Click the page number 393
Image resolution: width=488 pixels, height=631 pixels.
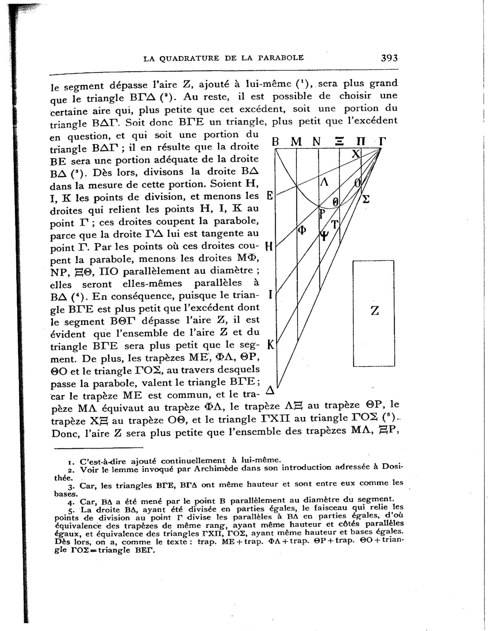pyautogui.click(x=389, y=58)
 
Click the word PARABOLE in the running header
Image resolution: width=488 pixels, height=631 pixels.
pyautogui.click(x=283, y=58)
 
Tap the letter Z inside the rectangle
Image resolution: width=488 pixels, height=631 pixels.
pyautogui.click(x=375, y=311)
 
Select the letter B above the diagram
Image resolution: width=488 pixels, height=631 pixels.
pyautogui.click(x=275, y=142)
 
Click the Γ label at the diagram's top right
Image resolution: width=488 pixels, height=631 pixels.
pyautogui.click(x=382, y=142)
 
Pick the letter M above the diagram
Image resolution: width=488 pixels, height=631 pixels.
pyautogui.click(x=297, y=142)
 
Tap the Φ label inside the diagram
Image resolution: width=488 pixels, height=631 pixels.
pyautogui.click(x=302, y=230)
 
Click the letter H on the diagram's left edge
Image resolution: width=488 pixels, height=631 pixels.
pyautogui.click(x=268, y=246)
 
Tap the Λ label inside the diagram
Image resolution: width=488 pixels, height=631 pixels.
pyautogui.click(x=324, y=181)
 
